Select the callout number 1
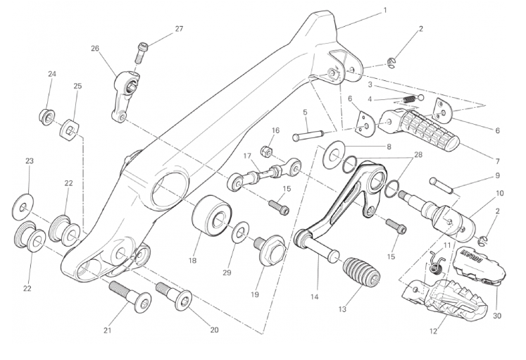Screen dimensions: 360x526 coord(385,11)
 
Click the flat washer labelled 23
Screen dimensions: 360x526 coord(23,207)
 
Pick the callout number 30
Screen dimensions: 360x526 coord(496,316)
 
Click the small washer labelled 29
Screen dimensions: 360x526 coord(241,230)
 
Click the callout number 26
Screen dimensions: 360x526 coord(95,49)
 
